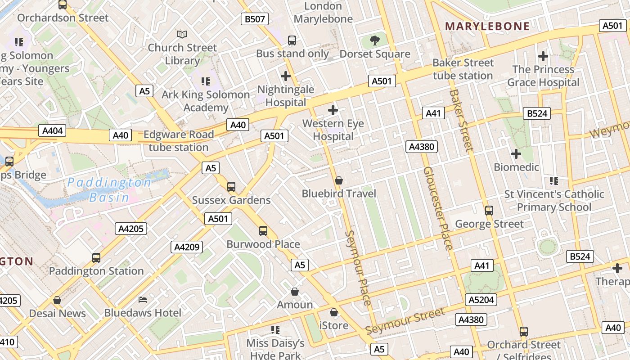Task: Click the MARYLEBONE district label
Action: [x=487, y=26]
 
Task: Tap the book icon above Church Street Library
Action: [x=182, y=34]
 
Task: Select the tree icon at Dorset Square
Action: [x=374, y=41]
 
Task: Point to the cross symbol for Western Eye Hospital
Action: [x=333, y=110]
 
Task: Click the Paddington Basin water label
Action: [x=110, y=189]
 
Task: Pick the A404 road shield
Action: [x=53, y=131]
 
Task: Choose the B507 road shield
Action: [x=255, y=19]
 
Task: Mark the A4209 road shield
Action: [x=187, y=247]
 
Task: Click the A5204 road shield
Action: [x=481, y=300]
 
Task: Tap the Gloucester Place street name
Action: [x=437, y=208]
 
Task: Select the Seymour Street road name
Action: [x=405, y=321]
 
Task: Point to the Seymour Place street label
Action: [x=359, y=268]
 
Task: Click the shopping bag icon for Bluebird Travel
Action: [x=339, y=180]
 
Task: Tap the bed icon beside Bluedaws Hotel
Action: [x=143, y=300]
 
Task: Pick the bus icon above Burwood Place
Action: [x=263, y=231]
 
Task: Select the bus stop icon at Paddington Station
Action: [x=96, y=258]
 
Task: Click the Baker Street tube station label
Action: [x=463, y=69]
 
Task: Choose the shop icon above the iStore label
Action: [x=334, y=312]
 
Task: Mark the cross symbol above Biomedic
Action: [x=516, y=154]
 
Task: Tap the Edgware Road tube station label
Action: [x=178, y=141]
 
